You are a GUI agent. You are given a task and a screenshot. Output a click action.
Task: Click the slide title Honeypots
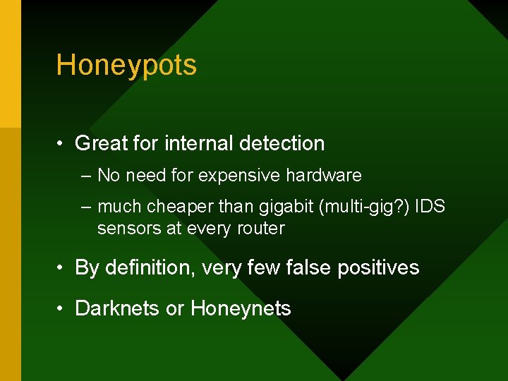(126, 66)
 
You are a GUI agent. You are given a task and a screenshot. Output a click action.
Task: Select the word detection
(282, 143)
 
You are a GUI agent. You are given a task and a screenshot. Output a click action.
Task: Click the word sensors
(123, 229)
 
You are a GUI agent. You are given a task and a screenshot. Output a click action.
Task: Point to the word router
(261, 229)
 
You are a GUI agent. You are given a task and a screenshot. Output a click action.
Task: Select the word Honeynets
(241, 308)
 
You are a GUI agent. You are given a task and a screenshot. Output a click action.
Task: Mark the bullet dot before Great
(62, 144)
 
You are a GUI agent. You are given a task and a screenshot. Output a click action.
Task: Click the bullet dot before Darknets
(62, 309)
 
